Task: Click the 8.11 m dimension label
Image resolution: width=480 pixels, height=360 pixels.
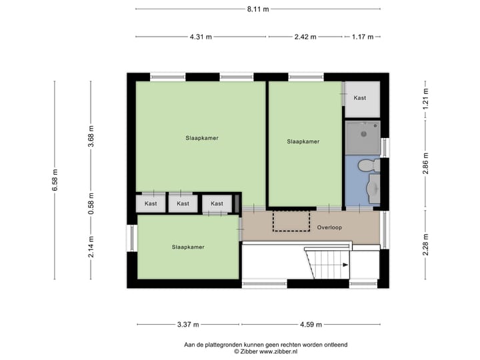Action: [257, 9]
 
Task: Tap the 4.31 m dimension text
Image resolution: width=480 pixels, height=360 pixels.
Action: [201, 37]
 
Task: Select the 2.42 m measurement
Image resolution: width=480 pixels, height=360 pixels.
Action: [306, 37]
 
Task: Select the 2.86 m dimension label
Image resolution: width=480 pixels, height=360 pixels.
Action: [425, 163]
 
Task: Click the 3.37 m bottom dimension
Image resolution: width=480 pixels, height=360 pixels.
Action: [188, 325]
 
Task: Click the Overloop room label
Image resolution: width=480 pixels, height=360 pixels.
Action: [329, 227]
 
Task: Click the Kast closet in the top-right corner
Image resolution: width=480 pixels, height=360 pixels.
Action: [361, 99]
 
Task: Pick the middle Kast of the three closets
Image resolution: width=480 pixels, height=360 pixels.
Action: [183, 203]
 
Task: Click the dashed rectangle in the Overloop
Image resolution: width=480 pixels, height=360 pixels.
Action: [291, 221]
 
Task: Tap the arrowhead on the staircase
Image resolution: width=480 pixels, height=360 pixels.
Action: [345, 265]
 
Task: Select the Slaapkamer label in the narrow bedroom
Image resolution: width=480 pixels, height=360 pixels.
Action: [303, 141]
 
